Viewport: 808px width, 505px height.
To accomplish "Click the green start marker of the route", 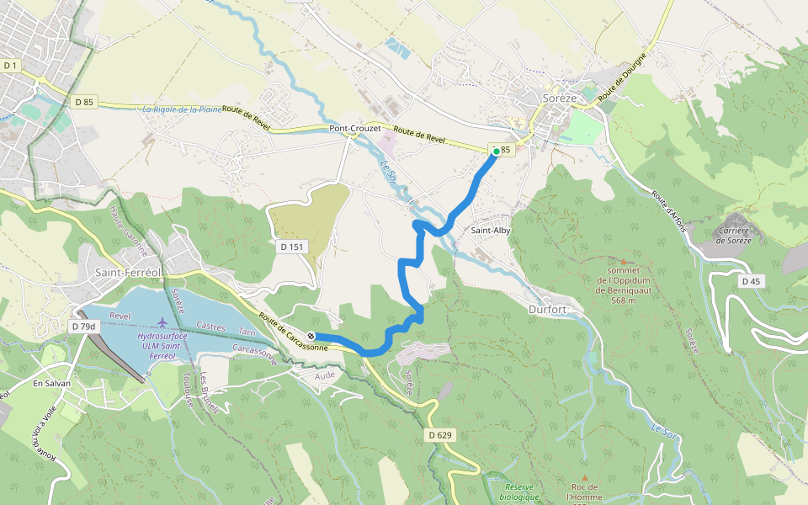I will tap(496, 151).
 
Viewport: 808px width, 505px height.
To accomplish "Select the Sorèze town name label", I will tap(560, 98).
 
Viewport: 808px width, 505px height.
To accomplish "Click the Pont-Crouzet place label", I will tap(354, 129).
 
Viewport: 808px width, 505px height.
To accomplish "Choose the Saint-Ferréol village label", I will tap(129, 272).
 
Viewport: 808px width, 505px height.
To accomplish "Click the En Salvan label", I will tap(51, 383).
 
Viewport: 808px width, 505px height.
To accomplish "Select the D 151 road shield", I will tap(290, 247).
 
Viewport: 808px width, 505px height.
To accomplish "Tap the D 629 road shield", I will tap(439, 435).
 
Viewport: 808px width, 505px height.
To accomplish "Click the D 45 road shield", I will tap(752, 281).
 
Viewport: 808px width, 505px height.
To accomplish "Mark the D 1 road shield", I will tap(10, 65).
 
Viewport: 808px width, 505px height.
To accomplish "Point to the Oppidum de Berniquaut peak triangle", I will tap(623, 263).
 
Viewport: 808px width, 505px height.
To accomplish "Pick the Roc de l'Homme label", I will tap(584, 492).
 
